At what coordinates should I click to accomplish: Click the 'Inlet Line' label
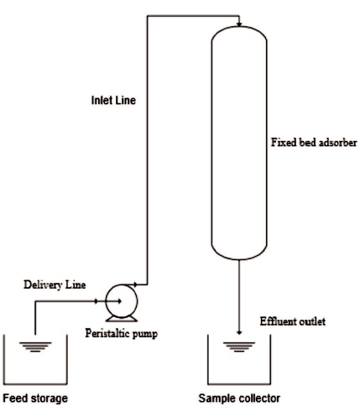click(113, 100)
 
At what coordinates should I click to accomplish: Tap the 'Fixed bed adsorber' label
click(314, 143)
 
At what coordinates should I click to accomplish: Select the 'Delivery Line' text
click(55, 284)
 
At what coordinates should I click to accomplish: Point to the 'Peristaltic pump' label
click(122, 333)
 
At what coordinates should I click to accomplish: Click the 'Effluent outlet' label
click(293, 321)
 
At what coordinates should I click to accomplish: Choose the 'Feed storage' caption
click(35, 398)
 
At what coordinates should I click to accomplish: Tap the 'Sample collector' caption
click(239, 398)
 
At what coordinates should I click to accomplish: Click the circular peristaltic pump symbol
click(121, 301)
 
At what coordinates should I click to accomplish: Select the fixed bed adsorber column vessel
click(239, 143)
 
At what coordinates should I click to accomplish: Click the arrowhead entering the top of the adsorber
click(239, 24)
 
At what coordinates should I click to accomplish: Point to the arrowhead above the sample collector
click(239, 332)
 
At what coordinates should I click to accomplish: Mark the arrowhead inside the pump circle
click(119, 301)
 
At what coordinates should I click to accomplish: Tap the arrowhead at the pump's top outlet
click(135, 284)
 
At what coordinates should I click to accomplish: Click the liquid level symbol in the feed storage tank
click(35, 347)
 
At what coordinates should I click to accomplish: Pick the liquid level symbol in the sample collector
click(239, 347)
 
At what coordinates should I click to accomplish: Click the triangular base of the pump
click(121, 319)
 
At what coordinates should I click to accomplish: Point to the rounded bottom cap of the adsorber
click(239, 253)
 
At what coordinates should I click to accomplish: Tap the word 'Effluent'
click(277, 321)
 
